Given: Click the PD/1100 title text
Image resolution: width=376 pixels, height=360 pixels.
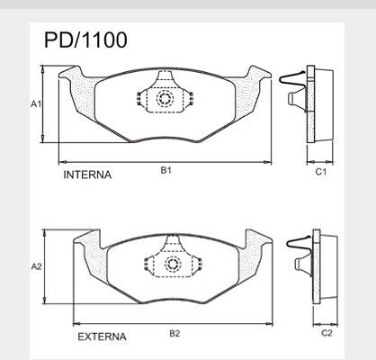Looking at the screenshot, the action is [85, 40].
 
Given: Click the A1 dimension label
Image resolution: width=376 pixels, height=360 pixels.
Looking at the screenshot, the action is [36, 104].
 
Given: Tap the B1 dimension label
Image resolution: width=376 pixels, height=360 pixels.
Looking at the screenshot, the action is [166, 170].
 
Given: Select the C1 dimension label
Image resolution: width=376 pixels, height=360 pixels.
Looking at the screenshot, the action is [320, 172].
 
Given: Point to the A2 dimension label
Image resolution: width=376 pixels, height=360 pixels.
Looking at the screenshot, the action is [37, 266].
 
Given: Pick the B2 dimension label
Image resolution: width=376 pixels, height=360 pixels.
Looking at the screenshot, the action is [175, 333].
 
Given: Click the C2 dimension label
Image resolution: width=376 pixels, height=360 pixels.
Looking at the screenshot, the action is [327, 333].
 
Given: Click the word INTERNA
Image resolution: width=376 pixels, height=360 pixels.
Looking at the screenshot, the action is [87, 175].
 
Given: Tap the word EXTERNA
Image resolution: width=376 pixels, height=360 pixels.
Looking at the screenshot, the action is [102, 337].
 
